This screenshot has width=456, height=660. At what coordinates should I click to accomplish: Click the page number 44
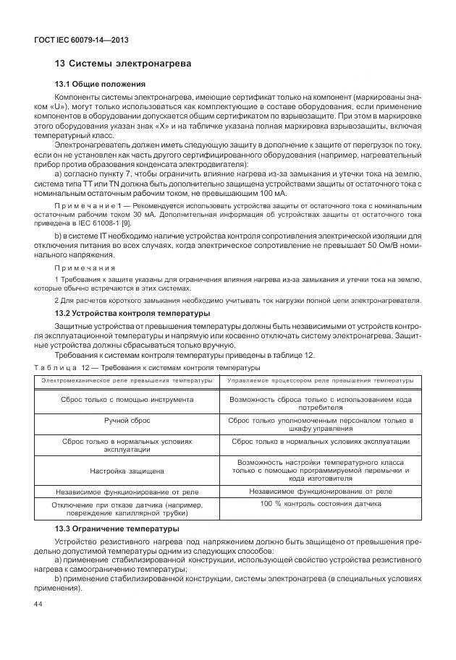[38, 604]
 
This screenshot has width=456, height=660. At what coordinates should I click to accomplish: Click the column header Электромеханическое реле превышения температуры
[127, 381]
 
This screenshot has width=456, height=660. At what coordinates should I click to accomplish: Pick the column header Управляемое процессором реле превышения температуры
[320, 381]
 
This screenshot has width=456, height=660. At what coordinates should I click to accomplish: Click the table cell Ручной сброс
[127, 419]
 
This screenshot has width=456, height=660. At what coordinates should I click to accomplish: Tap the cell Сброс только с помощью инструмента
[127, 398]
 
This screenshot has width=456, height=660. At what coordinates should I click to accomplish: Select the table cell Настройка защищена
[127, 471]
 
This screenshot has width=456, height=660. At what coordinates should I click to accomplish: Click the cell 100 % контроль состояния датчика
[320, 503]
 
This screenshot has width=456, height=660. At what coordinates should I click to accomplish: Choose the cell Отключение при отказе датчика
[127, 508]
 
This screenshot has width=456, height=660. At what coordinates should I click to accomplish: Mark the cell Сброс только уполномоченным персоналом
[320, 423]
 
